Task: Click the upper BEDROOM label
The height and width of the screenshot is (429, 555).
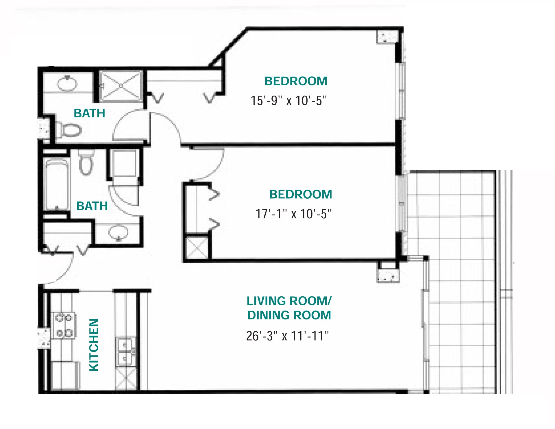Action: (x=296, y=81)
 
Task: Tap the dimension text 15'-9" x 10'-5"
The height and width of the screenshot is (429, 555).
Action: (x=288, y=101)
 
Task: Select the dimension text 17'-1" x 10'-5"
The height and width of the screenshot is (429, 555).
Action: (x=293, y=214)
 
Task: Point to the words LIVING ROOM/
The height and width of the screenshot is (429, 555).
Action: (x=289, y=301)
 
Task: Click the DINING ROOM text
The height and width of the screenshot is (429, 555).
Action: (x=289, y=315)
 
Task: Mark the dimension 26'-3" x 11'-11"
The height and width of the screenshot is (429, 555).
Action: (x=287, y=336)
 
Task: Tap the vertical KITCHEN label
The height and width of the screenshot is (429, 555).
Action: (x=94, y=345)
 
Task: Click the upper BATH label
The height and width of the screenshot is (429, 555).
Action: (x=89, y=113)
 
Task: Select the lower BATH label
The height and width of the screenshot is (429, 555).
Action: (x=92, y=206)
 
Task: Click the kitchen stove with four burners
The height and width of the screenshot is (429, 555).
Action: (x=64, y=326)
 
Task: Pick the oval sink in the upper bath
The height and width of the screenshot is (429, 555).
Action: (x=67, y=84)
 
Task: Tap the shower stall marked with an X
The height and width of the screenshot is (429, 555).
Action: (x=121, y=86)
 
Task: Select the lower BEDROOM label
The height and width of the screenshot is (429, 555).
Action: (x=301, y=195)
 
